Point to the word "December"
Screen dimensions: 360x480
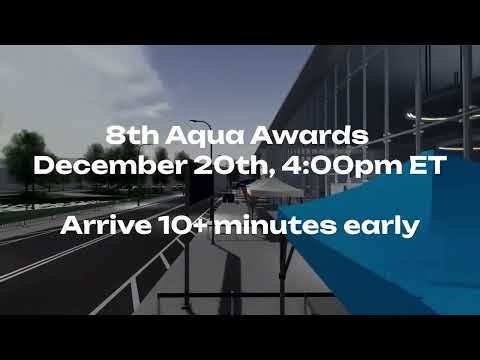100,166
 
